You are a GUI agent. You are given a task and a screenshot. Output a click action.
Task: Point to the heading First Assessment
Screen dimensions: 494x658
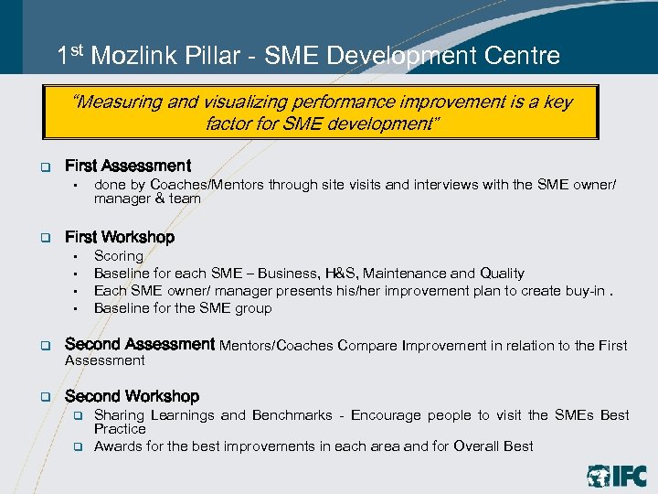tap(128, 166)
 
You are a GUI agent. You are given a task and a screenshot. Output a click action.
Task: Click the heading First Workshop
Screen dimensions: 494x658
tap(120, 238)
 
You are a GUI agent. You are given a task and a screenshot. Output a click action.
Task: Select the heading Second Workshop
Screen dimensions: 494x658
tap(132, 396)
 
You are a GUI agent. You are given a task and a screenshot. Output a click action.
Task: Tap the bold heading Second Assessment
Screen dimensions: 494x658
tap(140, 344)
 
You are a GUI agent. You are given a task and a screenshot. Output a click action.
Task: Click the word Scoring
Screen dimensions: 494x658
tap(119, 256)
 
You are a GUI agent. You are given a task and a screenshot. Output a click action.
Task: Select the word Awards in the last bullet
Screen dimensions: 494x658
tap(117, 446)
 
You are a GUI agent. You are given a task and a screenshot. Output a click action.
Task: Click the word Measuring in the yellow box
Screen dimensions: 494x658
tap(118, 102)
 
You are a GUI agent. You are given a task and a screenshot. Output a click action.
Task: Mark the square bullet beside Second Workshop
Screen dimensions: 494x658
tap(43, 397)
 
